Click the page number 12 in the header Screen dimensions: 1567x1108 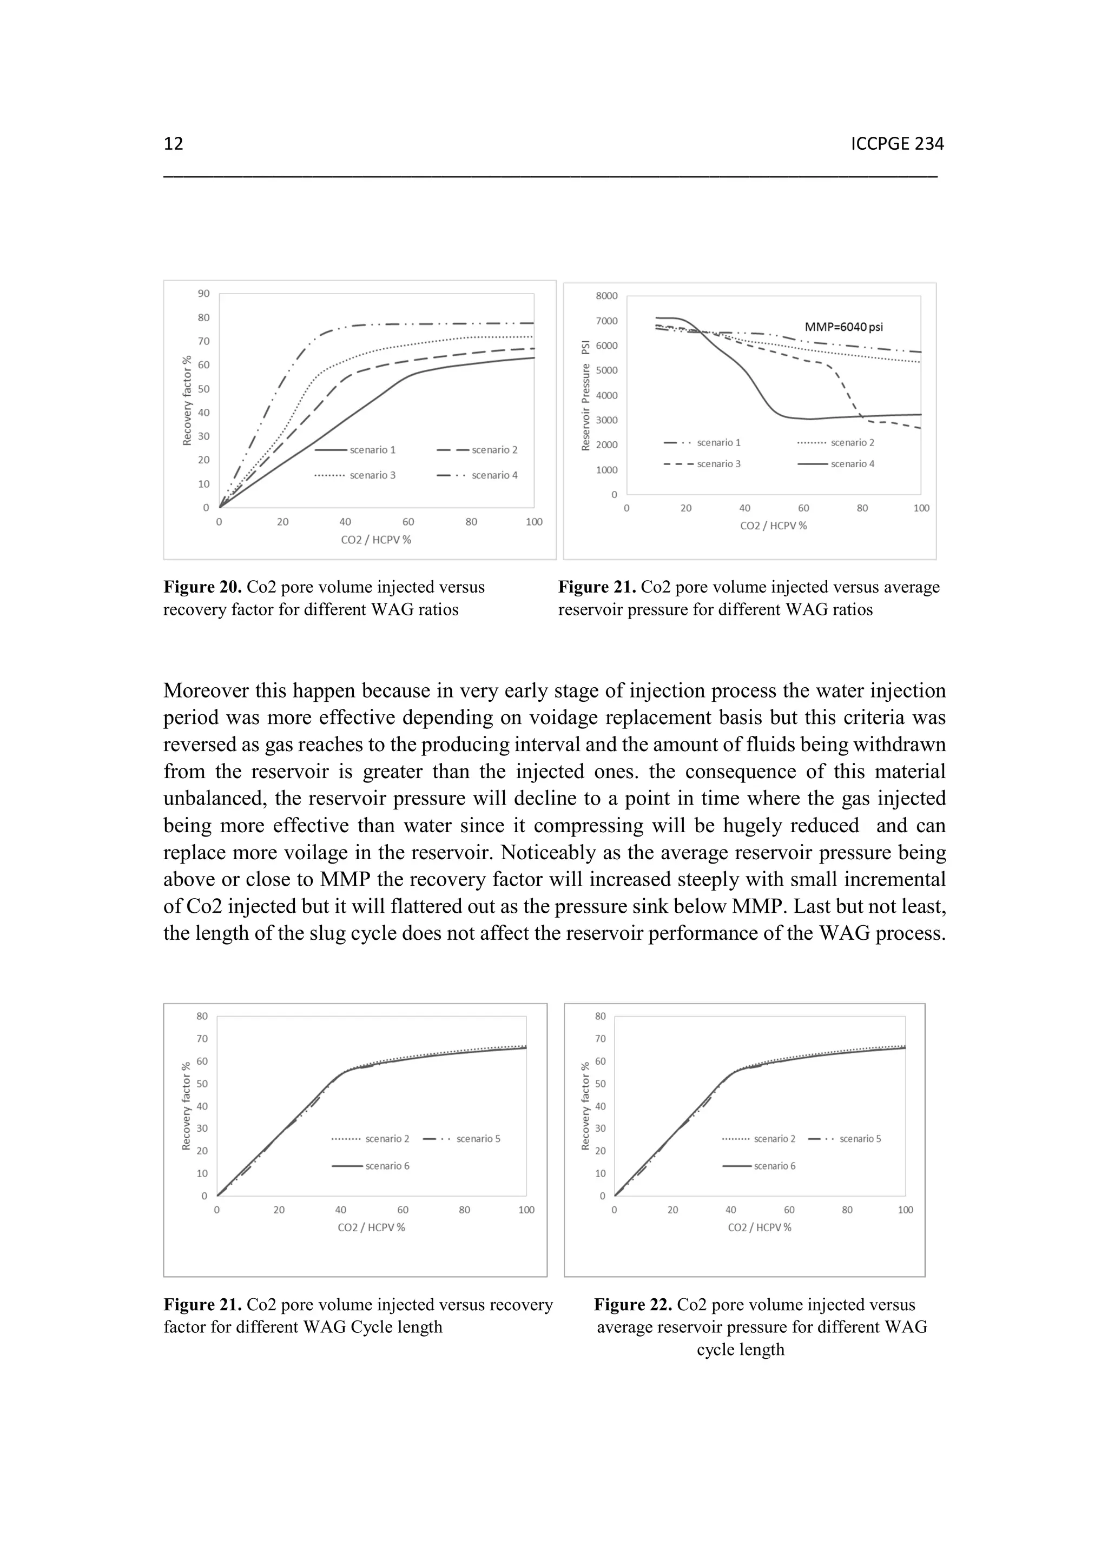pos(174,144)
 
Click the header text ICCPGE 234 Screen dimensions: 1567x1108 pos(897,144)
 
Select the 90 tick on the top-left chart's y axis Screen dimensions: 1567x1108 pos(203,294)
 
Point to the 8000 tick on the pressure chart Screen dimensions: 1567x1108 pos(606,296)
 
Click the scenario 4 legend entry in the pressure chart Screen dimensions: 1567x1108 pos(852,464)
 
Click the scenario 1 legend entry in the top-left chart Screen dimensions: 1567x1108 pos(373,450)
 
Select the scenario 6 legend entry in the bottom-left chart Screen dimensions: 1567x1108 pos(387,1166)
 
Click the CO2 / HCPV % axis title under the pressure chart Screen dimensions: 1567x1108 pos(774,526)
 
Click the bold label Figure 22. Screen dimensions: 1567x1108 pos(633,1305)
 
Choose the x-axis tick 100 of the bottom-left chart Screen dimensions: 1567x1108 pos(526,1210)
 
